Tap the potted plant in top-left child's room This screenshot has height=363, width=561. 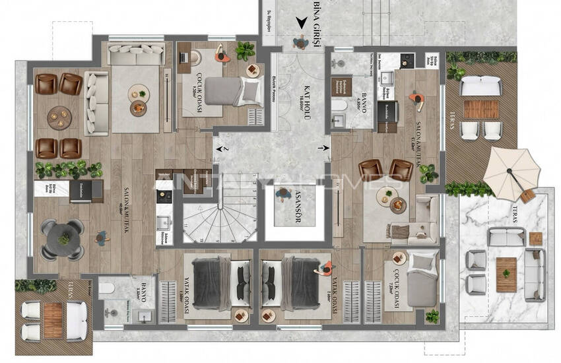(246, 49)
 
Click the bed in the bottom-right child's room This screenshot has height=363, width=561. (420, 280)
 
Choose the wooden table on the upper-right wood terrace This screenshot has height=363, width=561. (480, 109)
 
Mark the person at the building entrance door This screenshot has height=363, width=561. (301, 42)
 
